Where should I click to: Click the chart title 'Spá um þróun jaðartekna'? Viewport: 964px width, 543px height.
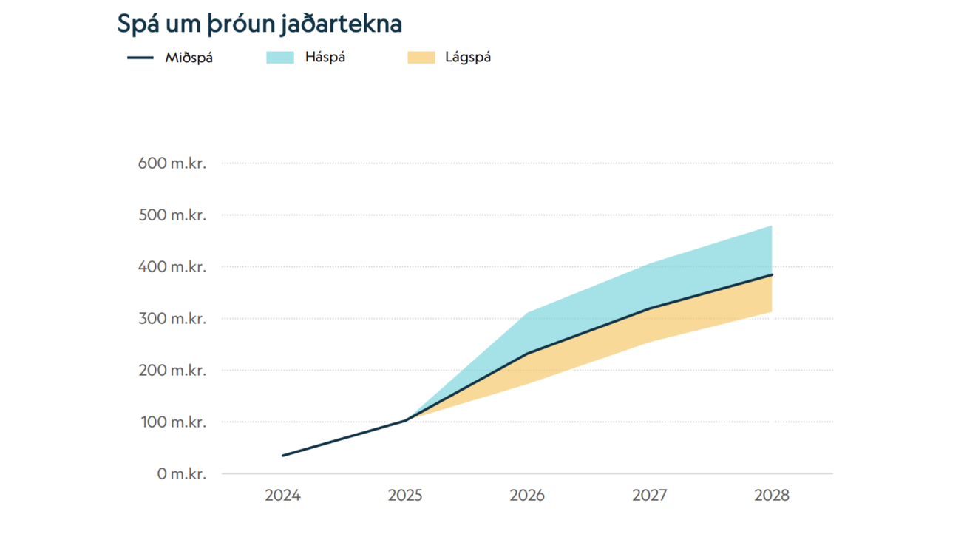259,24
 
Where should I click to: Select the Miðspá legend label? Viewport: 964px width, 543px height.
189,58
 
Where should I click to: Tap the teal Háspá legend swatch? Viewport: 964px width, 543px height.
280,58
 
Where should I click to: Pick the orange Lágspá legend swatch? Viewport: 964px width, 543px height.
421,58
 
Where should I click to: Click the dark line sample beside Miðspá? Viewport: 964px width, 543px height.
140,58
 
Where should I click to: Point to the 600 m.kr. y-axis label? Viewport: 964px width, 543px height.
172,163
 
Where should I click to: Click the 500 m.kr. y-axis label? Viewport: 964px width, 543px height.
172,215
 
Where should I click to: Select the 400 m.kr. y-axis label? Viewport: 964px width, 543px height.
172,267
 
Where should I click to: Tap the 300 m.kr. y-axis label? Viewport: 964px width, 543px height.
172,319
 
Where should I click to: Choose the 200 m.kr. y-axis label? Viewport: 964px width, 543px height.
172,371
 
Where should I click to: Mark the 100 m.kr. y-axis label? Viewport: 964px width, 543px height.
172,422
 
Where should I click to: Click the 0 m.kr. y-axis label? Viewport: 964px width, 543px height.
181,474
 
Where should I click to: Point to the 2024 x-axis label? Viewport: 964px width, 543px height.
282,496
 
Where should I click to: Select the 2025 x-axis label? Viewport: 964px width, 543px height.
405,496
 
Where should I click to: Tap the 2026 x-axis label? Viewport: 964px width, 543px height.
527,496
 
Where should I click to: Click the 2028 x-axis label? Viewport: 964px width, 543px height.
772,496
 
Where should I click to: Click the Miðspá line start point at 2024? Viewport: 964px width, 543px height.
283,456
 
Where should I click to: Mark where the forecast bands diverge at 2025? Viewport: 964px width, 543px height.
406,420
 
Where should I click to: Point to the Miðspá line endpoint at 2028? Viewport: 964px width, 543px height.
772,274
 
